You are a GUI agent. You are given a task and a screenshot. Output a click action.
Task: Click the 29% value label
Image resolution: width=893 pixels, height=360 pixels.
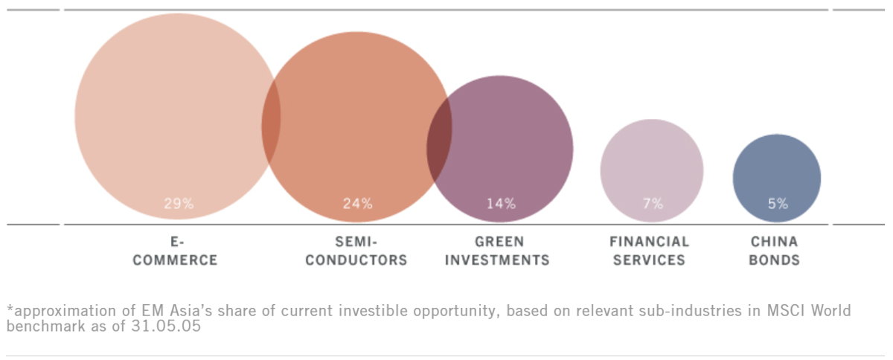(179, 204)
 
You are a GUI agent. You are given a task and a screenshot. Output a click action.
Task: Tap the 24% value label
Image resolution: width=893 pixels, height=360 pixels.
(358, 204)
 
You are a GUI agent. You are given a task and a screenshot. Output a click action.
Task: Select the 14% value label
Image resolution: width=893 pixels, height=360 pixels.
(501, 204)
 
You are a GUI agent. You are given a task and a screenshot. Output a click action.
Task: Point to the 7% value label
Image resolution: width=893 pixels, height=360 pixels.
(653, 204)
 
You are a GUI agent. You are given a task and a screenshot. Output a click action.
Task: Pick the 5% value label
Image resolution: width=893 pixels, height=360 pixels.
(778, 204)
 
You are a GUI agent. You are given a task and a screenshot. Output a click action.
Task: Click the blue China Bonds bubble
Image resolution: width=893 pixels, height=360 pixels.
(777, 178)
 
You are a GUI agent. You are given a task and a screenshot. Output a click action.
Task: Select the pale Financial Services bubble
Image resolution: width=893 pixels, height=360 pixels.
(652, 170)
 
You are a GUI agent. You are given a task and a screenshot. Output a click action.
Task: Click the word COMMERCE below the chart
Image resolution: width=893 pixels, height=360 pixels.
(175, 260)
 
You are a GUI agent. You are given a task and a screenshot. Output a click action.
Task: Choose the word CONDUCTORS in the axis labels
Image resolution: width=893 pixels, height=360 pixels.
(356, 260)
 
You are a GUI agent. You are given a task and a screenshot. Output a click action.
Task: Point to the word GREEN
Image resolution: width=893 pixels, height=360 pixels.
(499, 242)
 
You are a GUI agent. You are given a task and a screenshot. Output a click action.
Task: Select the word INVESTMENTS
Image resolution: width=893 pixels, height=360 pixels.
(497, 260)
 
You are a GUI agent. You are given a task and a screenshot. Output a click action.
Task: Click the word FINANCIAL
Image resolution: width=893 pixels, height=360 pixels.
(649, 242)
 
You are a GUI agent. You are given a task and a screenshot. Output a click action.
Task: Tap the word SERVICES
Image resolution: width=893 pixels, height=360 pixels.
(649, 260)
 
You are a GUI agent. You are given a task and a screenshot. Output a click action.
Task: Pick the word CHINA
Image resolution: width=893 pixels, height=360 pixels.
(774, 242)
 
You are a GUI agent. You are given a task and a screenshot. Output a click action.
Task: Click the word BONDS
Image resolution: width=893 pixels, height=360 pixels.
(774, 260)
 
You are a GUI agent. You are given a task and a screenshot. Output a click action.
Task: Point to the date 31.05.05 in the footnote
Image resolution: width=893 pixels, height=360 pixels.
(166, 326)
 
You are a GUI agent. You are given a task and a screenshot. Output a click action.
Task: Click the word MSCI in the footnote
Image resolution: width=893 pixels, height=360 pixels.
(788, 311)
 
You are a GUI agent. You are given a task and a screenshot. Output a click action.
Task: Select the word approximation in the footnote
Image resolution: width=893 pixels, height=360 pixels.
(69, 311)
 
